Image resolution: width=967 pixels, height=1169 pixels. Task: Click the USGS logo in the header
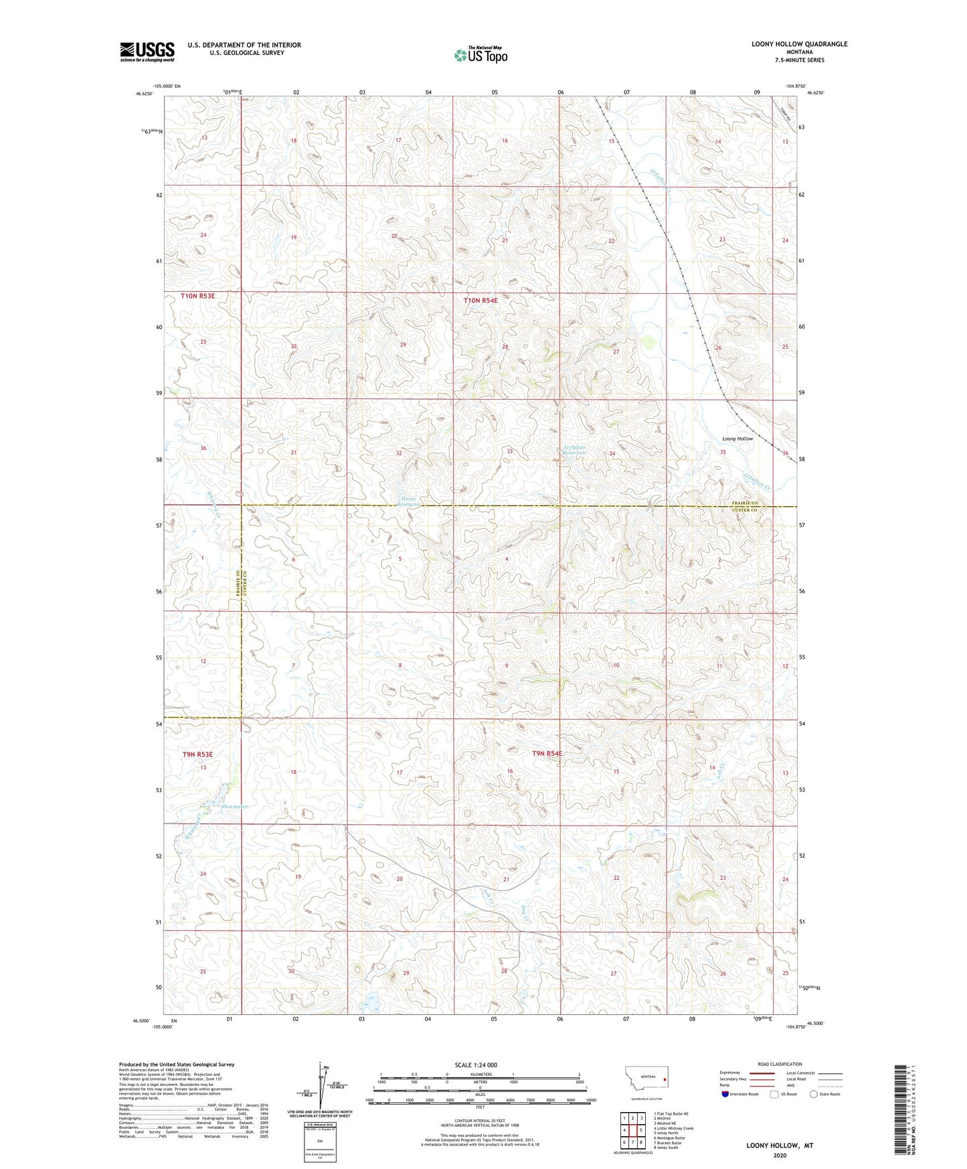click(x=147, y=51)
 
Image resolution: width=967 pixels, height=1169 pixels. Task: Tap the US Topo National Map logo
click(x=480, y=55)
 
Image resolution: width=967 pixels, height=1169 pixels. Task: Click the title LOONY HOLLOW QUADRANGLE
click(x=799, y=44)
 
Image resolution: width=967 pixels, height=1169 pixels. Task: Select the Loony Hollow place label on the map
click(x=737, y=439)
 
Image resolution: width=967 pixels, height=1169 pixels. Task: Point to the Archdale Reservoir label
click(x=574, y=450)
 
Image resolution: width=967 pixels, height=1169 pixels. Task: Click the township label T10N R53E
click(x=197, y=295)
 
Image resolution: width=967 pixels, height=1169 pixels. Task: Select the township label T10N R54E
click(x=480, y=301)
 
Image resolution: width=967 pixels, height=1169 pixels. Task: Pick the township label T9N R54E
click(x=547, y=753)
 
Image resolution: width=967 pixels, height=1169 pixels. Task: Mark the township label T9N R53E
click(x=197, y=755)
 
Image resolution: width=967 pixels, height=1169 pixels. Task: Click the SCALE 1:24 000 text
click(x=476, y=1065)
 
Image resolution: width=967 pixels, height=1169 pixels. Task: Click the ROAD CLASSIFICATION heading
click(x=780, y=1064)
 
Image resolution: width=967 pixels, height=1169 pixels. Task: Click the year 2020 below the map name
click(x=780, y=1155)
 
